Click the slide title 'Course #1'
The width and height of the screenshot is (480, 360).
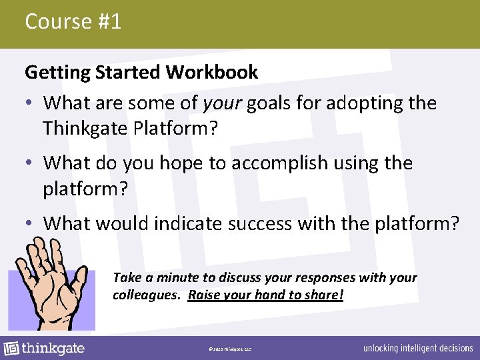(x=73, y=21)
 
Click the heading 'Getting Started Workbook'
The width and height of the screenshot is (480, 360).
(x=141, y=72)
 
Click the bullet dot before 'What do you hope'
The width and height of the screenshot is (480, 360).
(x=31, y=163)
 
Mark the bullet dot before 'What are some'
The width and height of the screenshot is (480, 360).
(x=31, y=103)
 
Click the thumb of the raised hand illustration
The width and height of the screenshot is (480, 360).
(x=80, y=277)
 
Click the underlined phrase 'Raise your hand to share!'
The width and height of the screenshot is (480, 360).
(x=265, y=294)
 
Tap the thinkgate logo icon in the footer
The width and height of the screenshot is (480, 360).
(x=11, y=349)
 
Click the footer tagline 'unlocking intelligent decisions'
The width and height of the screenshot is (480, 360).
(x=418, y=349)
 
